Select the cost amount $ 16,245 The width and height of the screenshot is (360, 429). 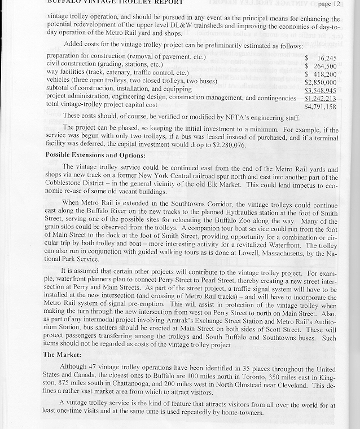click(x=321, y=58)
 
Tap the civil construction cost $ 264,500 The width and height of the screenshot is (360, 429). click(x=321, y=66)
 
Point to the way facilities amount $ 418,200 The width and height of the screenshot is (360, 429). click(x=321, y=74)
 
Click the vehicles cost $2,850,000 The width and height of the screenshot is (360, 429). click(x=320, y=82)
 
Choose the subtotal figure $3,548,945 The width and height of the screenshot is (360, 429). click(x=320, y=90)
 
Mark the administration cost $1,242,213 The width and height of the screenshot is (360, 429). click(x=320, y=98)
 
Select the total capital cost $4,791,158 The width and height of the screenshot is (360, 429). click(x=320, y=106)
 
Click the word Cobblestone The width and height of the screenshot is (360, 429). click(x=68, y=183)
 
